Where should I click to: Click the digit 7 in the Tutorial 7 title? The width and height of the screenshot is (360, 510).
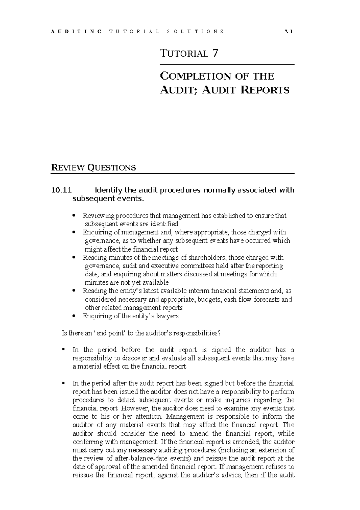click(215, 53)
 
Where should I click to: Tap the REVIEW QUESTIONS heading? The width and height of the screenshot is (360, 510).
click(94, 167)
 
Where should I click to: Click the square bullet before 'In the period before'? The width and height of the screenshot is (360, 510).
click(64, 349)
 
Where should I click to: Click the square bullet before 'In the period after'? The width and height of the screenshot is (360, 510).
click(64, 383)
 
